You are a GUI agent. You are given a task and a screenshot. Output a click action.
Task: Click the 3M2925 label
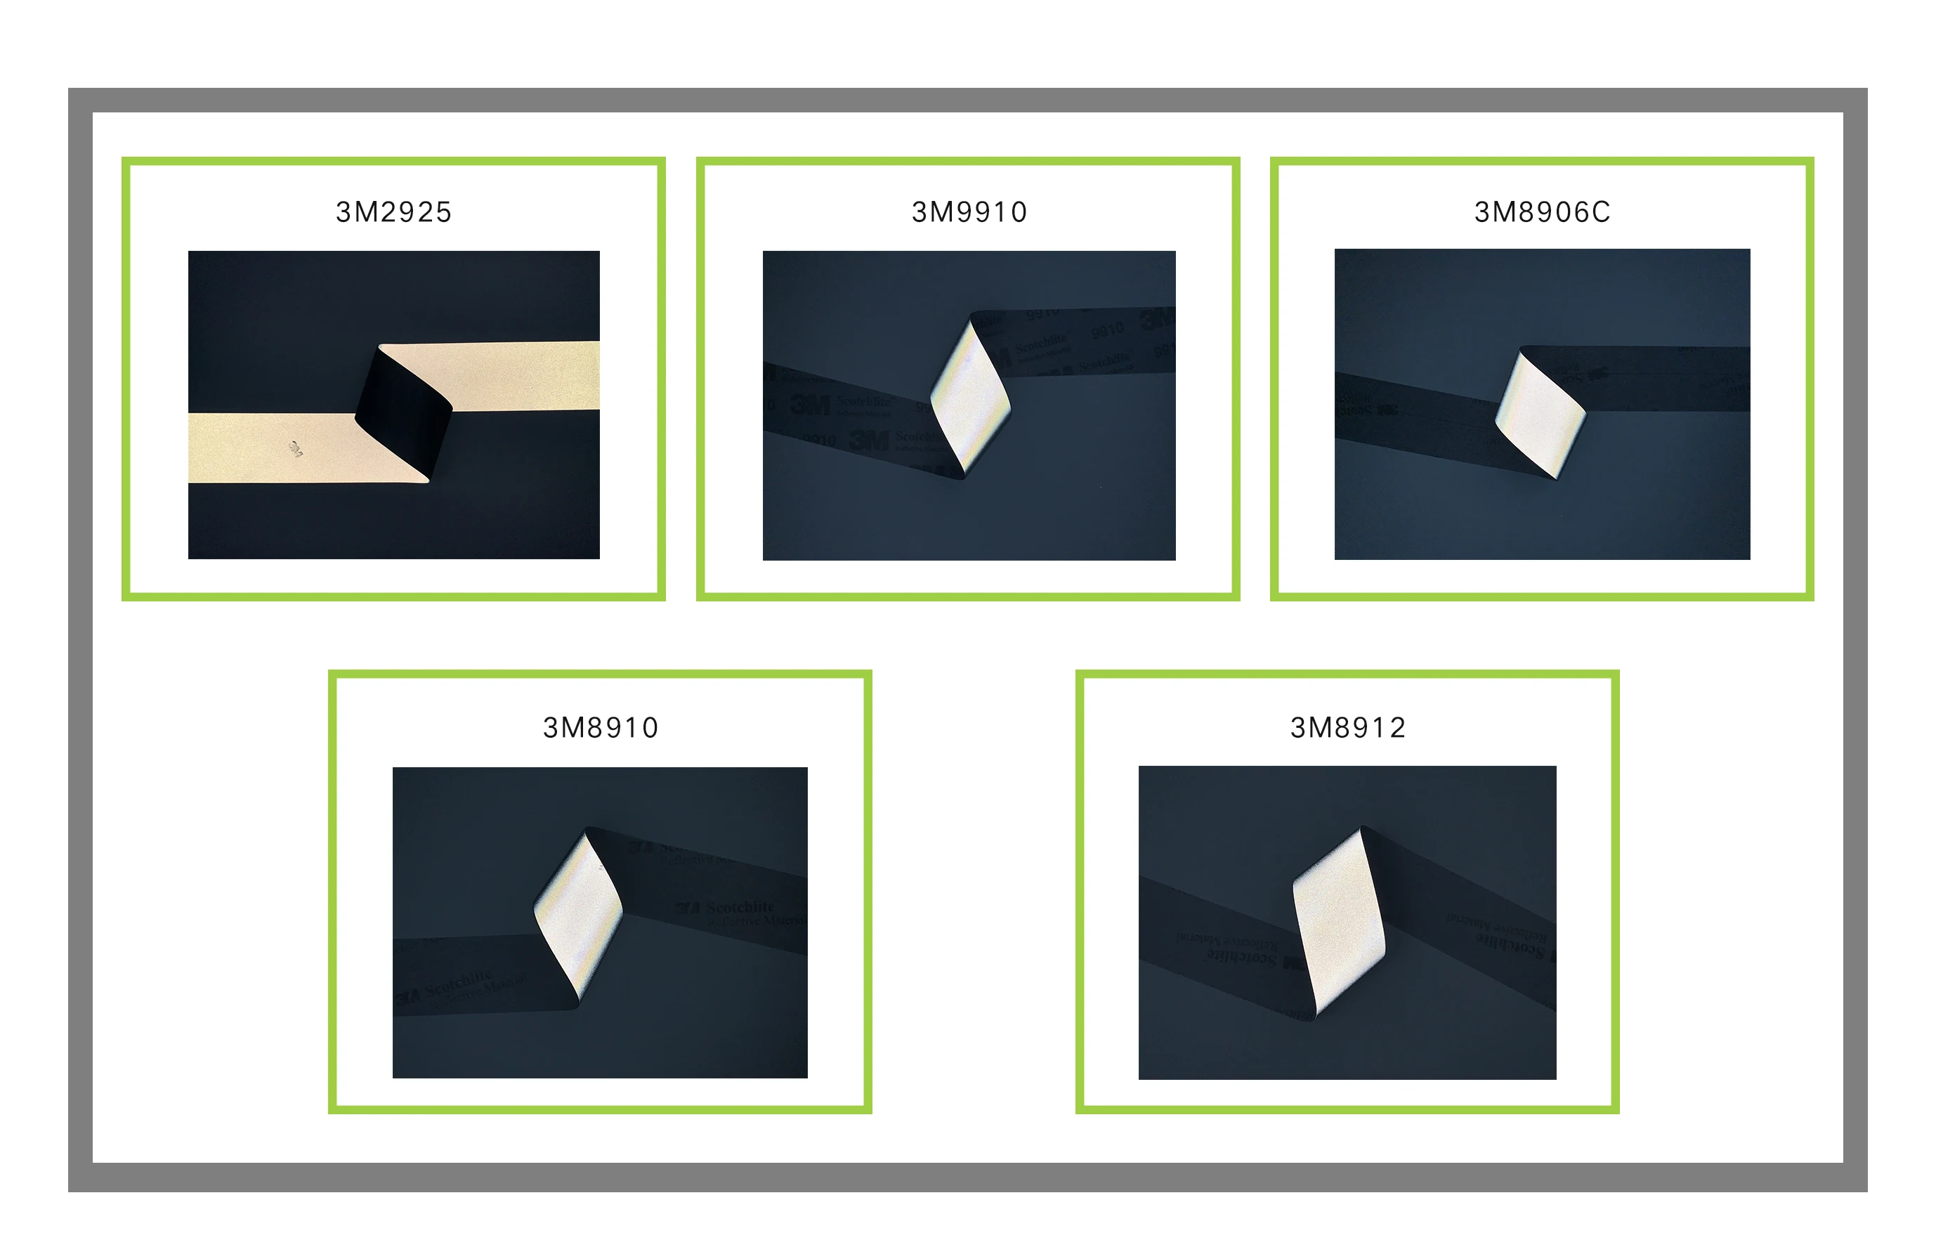point(393,212)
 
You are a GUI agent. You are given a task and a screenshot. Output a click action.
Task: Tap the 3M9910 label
point(969,212)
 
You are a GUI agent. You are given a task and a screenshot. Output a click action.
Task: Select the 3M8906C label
point(1541,212)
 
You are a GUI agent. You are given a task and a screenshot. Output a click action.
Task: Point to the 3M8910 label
point(601,727)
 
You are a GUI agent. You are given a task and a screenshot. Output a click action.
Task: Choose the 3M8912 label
point(1348,727)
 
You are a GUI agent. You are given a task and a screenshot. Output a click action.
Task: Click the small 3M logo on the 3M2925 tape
point(295,448)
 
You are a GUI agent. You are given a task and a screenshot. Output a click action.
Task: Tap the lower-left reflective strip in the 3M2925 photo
point(277,449)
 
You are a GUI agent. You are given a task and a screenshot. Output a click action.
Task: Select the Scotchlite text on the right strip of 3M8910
point(740,907)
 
